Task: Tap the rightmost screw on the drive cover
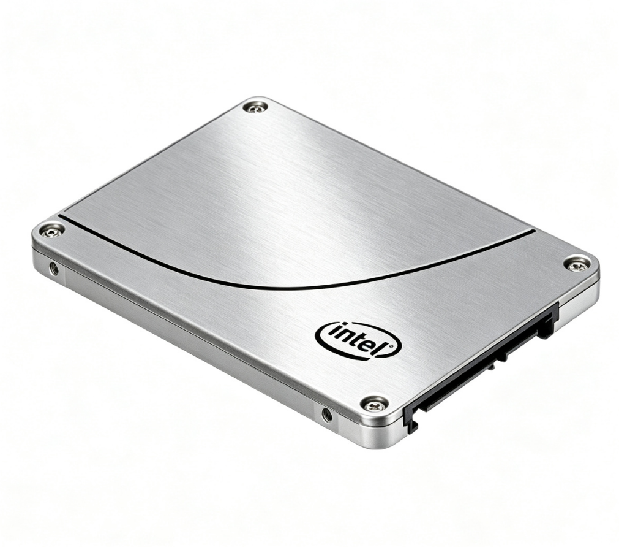coord(576,264)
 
